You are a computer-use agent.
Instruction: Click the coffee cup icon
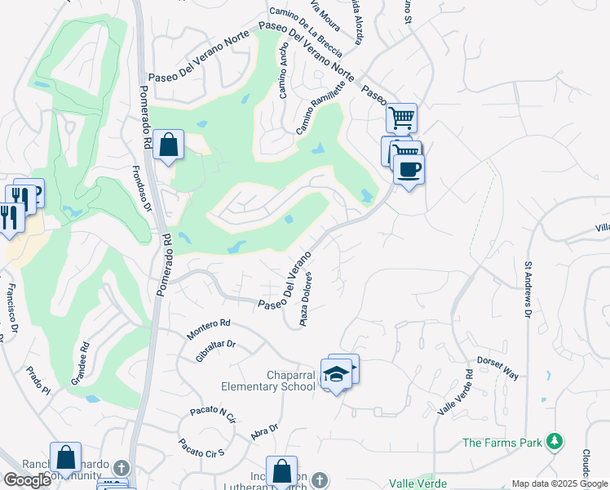click(409, 170)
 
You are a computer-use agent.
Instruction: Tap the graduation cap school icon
click(336, 373)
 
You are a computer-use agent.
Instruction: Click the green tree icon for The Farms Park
click(555, 442)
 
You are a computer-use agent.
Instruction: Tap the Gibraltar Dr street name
click(215, 350)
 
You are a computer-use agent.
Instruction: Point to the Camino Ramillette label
click(321, 111)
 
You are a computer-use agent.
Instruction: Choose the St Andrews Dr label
click(528, 290)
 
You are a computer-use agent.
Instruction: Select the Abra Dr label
click(265, 432)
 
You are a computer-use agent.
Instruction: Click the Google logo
click(27, 480)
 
